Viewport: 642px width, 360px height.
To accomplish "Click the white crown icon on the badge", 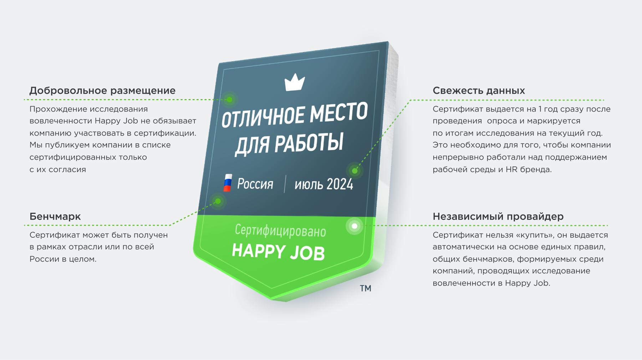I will [x=295, y=83].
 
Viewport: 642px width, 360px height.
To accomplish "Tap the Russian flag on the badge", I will [x=228, y=183].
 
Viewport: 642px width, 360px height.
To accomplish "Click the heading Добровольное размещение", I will [x=102, y=91].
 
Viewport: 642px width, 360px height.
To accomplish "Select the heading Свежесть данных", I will [x=479, y=91].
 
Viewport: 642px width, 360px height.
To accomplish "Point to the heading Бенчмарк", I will [x=55, y=216].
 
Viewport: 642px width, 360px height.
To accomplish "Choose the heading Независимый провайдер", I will [x=498, y=216].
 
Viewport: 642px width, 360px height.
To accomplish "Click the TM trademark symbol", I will [x=366, y=288].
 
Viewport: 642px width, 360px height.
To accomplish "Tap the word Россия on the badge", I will [x=255, y=184].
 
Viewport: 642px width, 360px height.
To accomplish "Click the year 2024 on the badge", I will [x=340, y=184].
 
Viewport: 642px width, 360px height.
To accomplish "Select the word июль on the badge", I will [x=309, y=185].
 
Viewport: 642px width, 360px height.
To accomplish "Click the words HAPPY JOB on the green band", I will [x=278, y=252].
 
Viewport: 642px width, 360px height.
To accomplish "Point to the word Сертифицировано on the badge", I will [x=280, y=231].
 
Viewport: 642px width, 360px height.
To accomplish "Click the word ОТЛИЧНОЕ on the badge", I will [x=263, y=117].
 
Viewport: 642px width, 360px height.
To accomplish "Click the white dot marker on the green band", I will [x=355, y=226].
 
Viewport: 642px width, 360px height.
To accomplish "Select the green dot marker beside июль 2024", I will [x=355, y=171].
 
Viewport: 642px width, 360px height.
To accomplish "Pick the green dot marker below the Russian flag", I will [x=218, y=201].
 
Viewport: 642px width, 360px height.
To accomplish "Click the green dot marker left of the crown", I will [x=230, y=100].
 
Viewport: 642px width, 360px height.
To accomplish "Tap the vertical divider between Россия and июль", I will [x=285, y=184].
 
